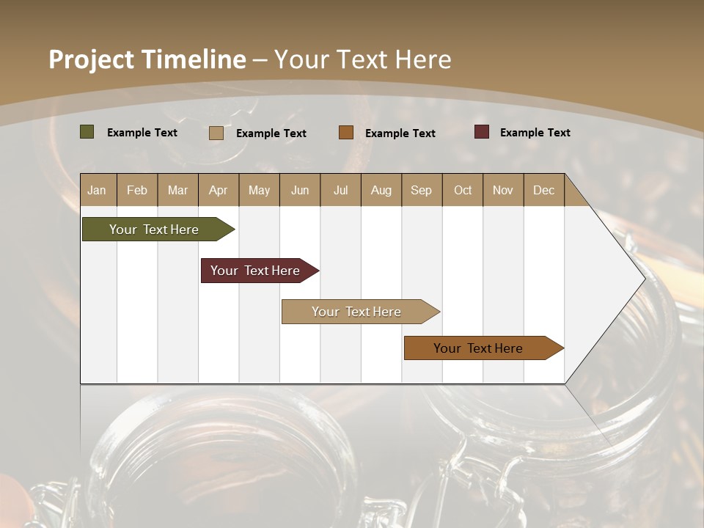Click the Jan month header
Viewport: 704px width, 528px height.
pos(97,190)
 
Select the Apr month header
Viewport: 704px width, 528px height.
pos(218,190)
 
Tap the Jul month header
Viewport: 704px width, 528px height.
pos(340,190)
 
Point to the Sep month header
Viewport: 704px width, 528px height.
pos(421,190)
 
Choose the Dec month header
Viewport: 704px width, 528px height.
pos(543,190)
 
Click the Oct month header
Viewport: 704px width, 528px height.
pos(463,190)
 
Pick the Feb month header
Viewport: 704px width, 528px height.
pos(137,190)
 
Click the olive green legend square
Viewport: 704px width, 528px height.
pos(87,132)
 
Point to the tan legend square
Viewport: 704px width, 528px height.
pos(216,133)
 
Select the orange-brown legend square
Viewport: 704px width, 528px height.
pos(346,133)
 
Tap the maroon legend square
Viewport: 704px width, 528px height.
pos(482,132)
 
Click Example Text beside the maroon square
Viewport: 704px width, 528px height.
pos(535,133)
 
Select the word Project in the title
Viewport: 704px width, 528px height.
pos(91,59)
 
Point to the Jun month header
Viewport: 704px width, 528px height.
pos(299,190)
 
